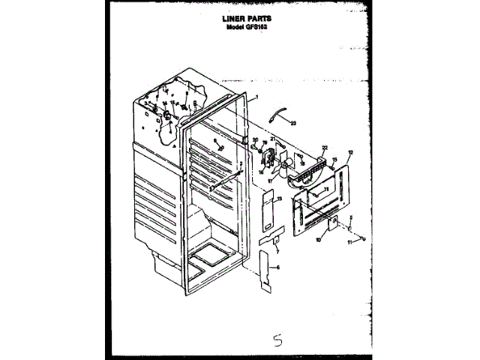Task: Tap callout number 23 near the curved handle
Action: click(294, 122)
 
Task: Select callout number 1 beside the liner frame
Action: click(256, 97)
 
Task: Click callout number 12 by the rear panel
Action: click(349, 152)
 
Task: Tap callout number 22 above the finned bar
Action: click(324, 148)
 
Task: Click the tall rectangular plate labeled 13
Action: click(268, 211)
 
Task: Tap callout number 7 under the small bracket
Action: click(277, 252)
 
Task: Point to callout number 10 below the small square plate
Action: click(318, 241)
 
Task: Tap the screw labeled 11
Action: click(361, 238)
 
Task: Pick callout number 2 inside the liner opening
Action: click(240, 164)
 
